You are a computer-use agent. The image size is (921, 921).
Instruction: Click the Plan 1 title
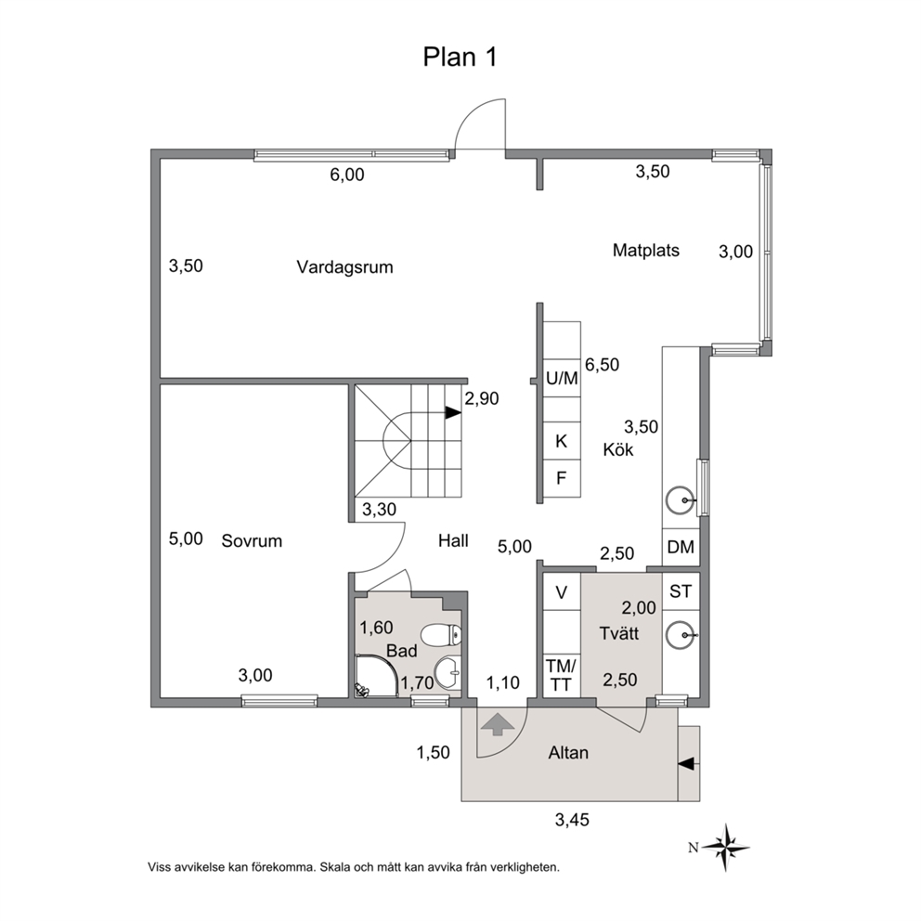coord(460,57)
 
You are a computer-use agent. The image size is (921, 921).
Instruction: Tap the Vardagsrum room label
coord(344,267)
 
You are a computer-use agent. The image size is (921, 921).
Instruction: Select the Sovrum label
coord(252,541)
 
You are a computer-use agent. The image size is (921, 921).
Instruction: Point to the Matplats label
coord(645,251)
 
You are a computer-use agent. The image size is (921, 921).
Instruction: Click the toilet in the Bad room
coord(441,634)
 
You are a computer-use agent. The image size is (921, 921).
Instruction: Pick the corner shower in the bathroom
coord(377,676)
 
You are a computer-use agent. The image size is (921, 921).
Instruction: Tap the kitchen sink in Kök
coord(681,499)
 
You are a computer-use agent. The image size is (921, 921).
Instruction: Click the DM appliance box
coord(681,547)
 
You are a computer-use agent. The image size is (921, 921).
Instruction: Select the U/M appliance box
coord(562,378)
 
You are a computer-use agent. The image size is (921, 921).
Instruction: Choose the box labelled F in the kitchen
coord(562,477)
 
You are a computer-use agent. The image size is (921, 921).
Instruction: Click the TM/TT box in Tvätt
coord(561,676)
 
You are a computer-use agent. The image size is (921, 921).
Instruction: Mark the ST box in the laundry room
coord(681,590)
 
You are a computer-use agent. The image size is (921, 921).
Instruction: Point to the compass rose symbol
coord(727,847)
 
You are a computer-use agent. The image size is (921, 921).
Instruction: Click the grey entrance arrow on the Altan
coord(497,724)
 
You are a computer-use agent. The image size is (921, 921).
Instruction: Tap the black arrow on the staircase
coord(453,413)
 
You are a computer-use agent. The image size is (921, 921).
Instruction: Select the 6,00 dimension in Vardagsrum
coord(346,175)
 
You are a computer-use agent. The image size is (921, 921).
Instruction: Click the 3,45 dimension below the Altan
coord(572,820)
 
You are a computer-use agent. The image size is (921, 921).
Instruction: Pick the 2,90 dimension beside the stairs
coord(482,399)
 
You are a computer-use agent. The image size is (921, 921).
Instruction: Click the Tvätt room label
coord(619,634)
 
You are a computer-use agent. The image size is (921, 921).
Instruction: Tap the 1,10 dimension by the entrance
coord(503,682)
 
